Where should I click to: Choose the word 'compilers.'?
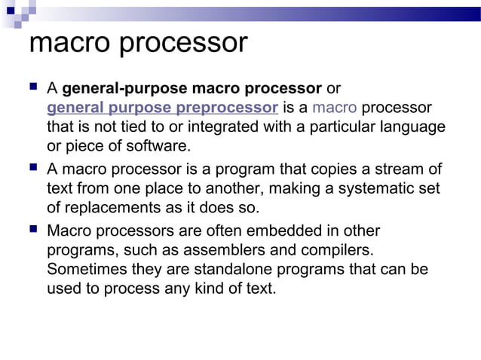[335, 249]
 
